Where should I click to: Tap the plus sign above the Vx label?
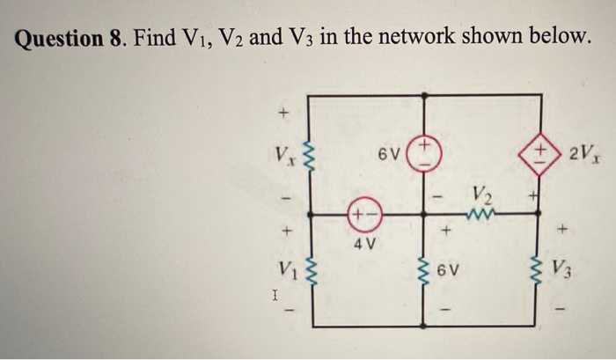(x=283, y=114)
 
